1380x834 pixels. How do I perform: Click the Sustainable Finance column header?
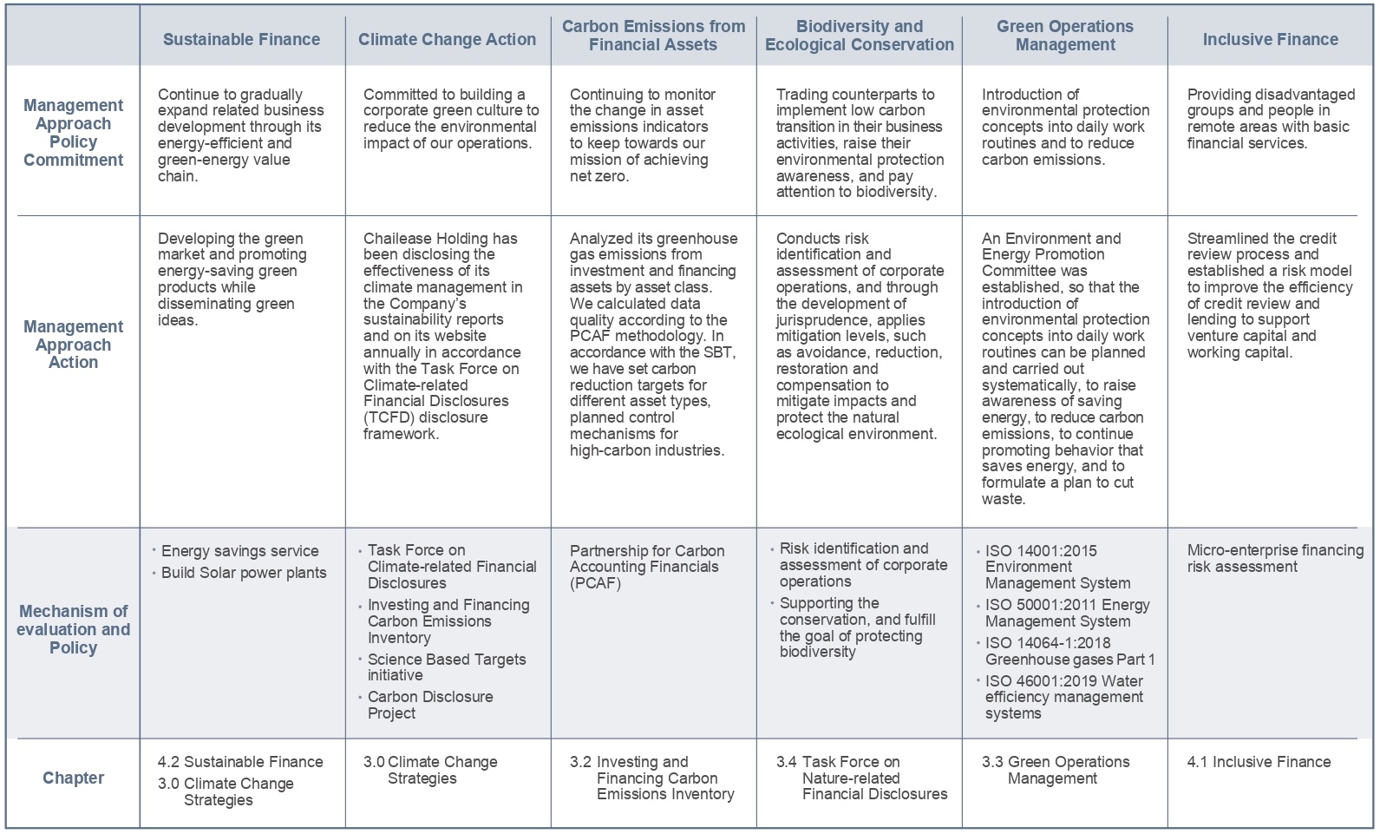point(241,39)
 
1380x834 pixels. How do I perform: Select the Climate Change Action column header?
point(447,39)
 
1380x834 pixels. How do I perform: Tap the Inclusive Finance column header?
point(1270,39)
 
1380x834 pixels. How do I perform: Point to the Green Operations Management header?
point(1064,36)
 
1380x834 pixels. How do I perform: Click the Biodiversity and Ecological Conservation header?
point(859,36)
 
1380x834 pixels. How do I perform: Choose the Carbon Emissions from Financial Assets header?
point(653,36)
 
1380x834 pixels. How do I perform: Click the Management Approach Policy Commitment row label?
point(73,132)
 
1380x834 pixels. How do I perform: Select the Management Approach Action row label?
point(73,344)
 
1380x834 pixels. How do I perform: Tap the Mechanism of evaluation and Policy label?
point(73,629)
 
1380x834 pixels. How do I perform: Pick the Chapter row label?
point(73,778)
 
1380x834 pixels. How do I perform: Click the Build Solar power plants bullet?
point(243,573)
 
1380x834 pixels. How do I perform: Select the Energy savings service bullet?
point(239,551)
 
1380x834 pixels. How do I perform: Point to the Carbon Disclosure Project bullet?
point(429,705)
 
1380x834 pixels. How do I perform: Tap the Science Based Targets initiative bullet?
point(446,667)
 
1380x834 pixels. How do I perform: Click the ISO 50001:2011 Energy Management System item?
point(1067,613)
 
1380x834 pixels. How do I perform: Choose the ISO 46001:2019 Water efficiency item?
point(1063,697)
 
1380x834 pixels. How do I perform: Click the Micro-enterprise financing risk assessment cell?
point(1274,558)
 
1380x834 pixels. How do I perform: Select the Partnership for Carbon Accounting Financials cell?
point(646,567)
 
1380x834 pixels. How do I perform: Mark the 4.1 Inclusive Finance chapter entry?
point(1259,762)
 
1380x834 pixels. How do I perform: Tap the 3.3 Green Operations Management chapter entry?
point(1056,770)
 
